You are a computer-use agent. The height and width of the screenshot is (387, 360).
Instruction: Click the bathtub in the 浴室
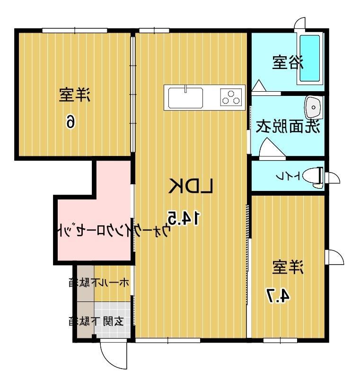310,59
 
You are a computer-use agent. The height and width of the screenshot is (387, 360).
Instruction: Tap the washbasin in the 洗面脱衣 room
313,108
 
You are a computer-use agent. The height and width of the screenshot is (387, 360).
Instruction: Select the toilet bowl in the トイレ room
313,177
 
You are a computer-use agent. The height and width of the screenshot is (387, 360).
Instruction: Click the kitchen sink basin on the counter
185,98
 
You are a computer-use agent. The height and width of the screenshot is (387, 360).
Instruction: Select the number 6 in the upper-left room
70,121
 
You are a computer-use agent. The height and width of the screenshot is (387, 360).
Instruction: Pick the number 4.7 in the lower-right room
278,295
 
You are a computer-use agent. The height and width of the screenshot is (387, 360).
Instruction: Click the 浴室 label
287,63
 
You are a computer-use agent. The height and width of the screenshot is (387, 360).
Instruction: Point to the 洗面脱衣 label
288,126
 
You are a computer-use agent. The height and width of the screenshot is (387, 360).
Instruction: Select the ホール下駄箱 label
98,283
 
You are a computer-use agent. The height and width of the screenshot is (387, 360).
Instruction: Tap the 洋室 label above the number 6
74,95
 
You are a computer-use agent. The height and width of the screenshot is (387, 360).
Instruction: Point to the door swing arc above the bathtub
300,24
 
